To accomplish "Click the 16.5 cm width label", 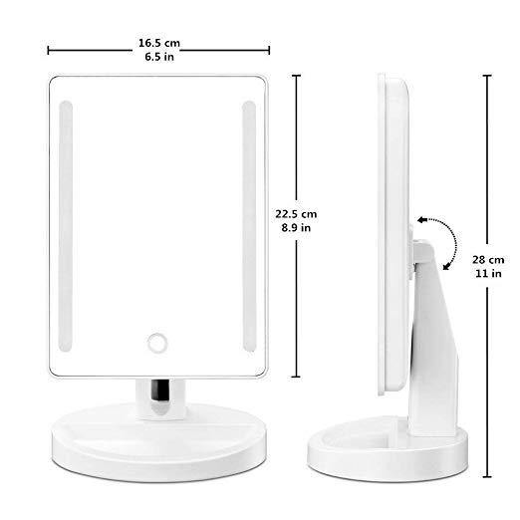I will point(159,45).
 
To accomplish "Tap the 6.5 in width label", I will point(159,59).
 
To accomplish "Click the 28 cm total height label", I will point(487,258).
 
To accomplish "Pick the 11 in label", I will point(487,273).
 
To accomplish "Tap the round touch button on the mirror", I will point(159,342).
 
